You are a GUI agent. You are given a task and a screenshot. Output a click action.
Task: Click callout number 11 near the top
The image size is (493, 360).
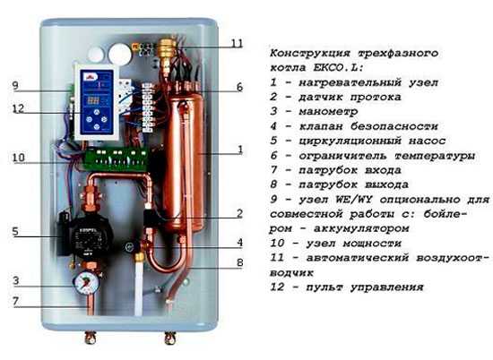coord(237,43)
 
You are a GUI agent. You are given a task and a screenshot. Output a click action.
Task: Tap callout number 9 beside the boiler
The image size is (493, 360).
coord(15,85)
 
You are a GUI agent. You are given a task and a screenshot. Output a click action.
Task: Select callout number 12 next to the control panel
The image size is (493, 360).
coord(18,108)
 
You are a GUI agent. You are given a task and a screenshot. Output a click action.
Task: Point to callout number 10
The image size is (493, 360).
coord(18,157)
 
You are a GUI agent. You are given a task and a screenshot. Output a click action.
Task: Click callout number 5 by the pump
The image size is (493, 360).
coord(15,232)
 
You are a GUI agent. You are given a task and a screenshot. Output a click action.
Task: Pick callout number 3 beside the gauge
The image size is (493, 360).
coord(16,280)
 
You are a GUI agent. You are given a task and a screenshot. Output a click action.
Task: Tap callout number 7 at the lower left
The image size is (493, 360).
coord(16,301)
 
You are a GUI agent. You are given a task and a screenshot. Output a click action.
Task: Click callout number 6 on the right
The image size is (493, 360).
coord(239,87)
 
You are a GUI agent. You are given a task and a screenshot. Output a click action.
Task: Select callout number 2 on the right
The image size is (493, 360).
coord(239,214)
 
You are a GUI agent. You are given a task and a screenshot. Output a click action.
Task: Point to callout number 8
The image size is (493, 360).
coord(239,262)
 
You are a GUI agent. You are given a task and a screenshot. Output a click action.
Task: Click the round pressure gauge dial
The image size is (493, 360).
coord(87,283)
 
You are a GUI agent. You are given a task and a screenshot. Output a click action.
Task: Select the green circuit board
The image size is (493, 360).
coord(116,159)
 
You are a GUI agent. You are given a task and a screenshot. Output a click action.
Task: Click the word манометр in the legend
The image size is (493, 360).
coord(328,112)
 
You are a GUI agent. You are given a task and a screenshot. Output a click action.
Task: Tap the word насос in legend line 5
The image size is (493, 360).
coord(427,141)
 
